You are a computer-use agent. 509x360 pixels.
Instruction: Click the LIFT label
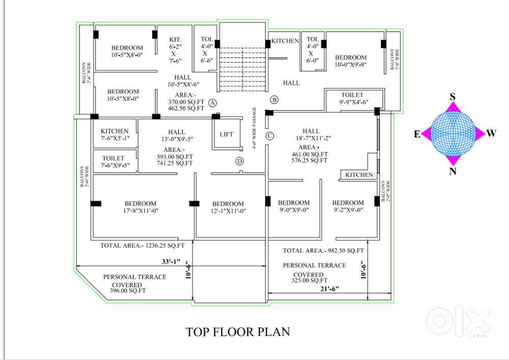(227, 134)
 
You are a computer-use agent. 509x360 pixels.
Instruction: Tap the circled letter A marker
(212, 103)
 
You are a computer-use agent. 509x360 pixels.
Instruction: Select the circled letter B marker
(274, 99)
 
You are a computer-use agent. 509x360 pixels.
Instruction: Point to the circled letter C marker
(270, 135)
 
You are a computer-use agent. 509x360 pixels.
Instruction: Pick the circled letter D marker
(240, 161)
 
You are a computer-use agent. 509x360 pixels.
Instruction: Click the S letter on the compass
(453, 96)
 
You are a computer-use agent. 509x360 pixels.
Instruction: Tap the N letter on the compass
(453, 171)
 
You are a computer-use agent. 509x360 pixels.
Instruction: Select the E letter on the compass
(417, 134)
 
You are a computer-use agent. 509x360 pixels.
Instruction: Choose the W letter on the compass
(491, 133)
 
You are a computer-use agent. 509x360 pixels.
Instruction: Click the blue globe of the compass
(453, 133)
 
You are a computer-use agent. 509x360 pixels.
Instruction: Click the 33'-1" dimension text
(171, 261)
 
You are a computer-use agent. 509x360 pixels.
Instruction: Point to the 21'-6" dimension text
(329, 289)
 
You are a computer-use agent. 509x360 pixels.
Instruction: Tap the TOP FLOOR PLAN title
(238, 332)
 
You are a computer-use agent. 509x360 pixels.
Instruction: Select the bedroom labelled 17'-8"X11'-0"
(140, 207)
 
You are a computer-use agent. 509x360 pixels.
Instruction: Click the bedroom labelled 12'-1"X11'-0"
(228, 207)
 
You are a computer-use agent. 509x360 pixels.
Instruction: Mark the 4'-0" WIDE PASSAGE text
(254, 128)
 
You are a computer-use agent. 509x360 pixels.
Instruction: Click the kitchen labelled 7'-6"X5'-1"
(115, 134)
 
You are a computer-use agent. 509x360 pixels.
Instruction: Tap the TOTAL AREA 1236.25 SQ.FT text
(142, 246)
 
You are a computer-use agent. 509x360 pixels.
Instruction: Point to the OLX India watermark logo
(458, 322)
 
